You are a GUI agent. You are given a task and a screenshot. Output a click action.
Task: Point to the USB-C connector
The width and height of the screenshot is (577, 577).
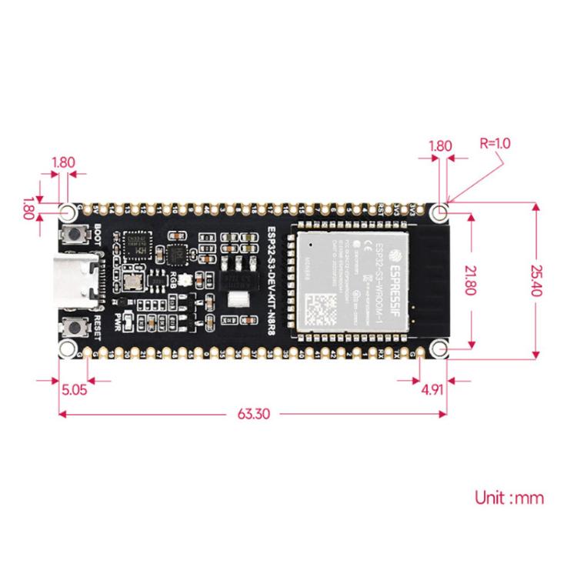(x=78, y=281)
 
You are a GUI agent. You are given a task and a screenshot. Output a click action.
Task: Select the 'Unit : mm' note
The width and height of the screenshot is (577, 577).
(x=509, y=498)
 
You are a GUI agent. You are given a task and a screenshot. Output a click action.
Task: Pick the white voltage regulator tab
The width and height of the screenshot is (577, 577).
(x=238, y=300)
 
